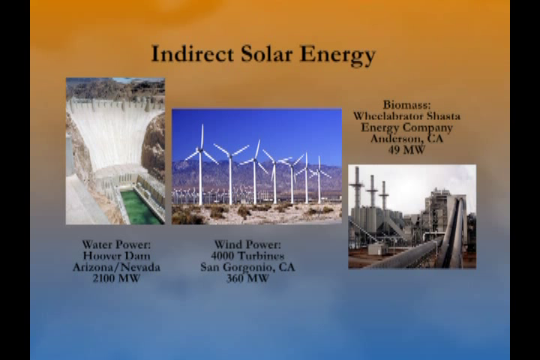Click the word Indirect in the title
click(x=193, y=54)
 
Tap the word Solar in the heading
click(x=266, y=54)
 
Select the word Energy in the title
click(x=337, y=55)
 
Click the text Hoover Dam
click(x=116, y=256)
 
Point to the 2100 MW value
click(x=116, y=278)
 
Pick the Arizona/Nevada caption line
click(x=116, y=267)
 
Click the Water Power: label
click(x=116, y=244)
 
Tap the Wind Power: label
click(x=247, y=244)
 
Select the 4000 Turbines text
click(x=247, y=256)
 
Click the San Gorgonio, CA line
click(x=247, y=268)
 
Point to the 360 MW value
click(x=247, y=278)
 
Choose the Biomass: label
click(x=406, y=104)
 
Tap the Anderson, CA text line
click(x=406, y=139)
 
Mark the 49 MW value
click(x=406, y=150)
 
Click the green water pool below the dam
click(x=140, y=208)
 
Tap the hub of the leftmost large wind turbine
click(x=200, y=150)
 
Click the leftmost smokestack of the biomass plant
click(x=357, y=187)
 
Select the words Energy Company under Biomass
click(x=406, y=127)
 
